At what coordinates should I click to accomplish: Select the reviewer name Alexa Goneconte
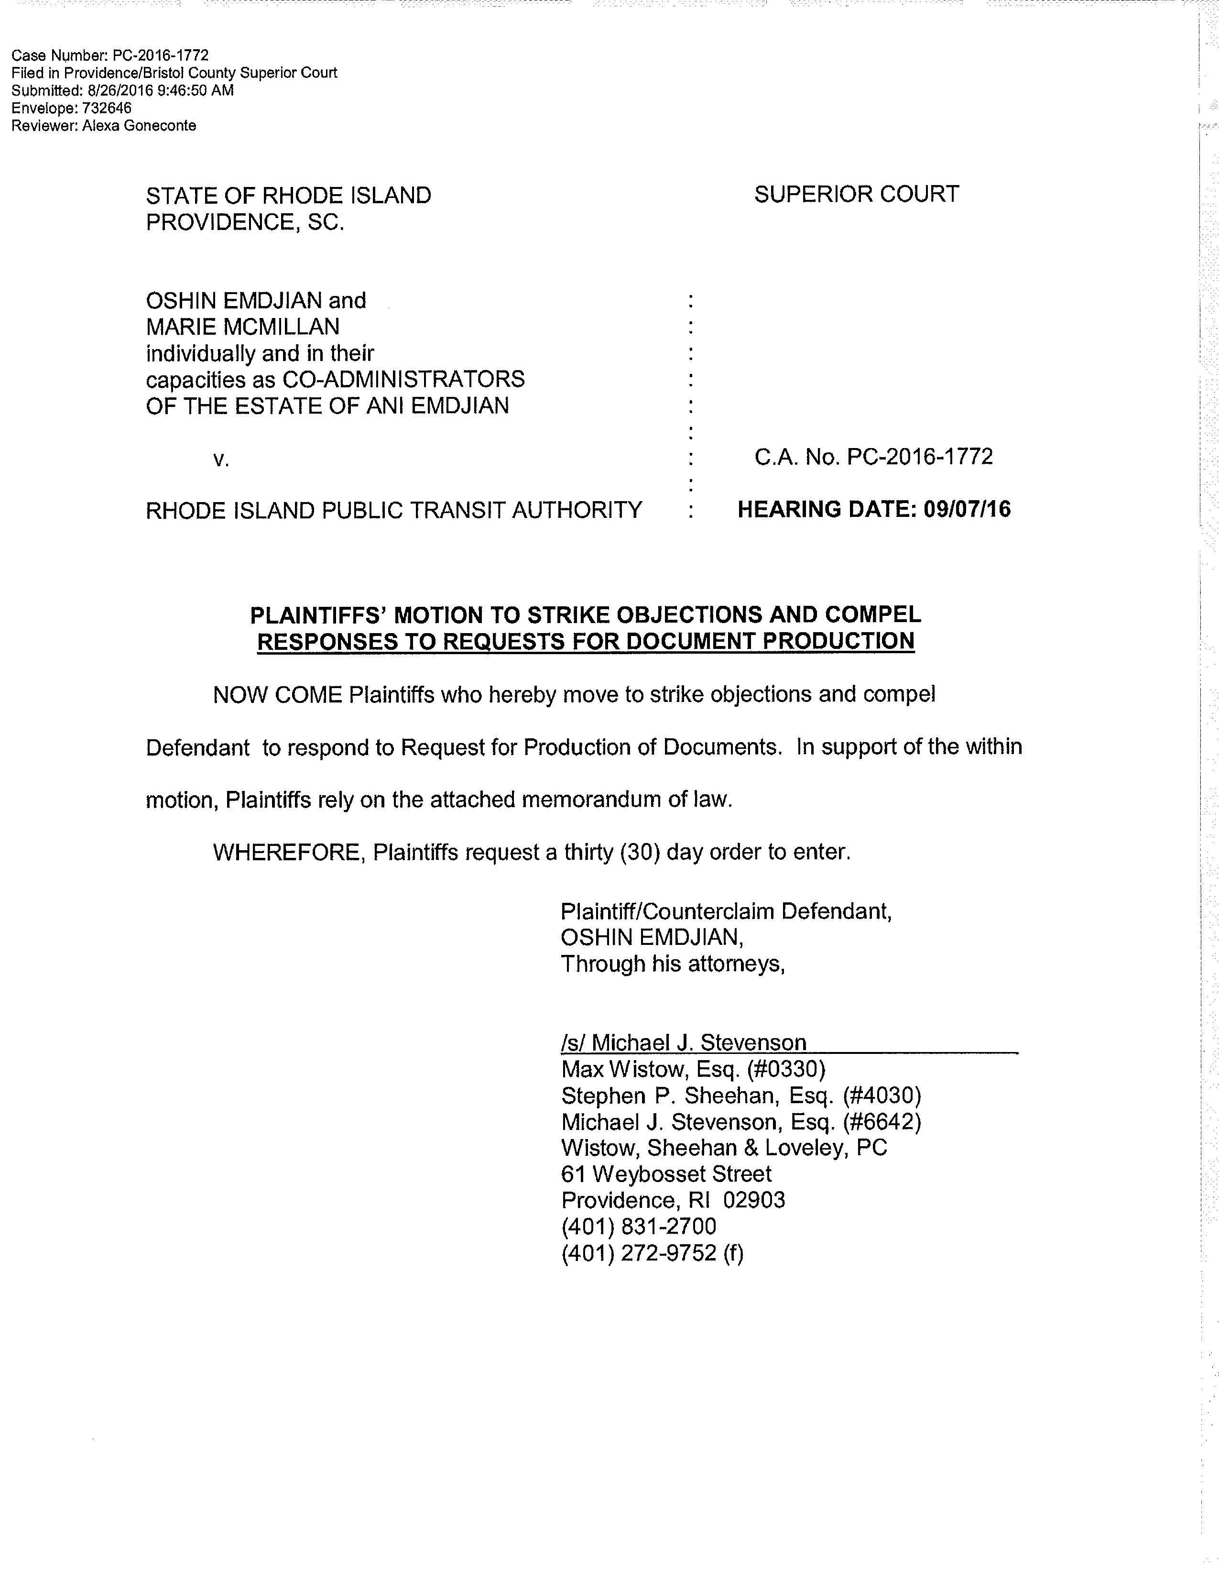pyautogui.click(x=140, y=126)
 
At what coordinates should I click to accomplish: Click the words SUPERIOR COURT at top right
pyautogui.click(x=857, y=194)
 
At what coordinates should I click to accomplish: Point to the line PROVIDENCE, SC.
pyautogui.click(x=245, y=222)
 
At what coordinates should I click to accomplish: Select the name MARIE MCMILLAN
pyautogui.click(x=243, y=327)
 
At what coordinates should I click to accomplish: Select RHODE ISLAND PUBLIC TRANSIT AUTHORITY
pyautogui.click(x=393, y=511)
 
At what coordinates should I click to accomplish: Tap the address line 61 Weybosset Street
pyautogui.click(x=666, y=1173)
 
